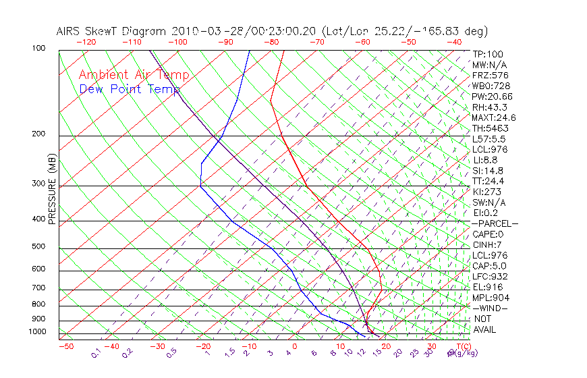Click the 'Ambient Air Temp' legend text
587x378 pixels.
point(134,75)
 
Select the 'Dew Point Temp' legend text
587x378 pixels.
point(130,89)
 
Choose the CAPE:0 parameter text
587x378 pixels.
point(488,234)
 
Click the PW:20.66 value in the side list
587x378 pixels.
point(492,97)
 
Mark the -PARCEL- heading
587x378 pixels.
point(495,223)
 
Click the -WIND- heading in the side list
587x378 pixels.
point(491,308)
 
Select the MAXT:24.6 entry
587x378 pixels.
point(494,118)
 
